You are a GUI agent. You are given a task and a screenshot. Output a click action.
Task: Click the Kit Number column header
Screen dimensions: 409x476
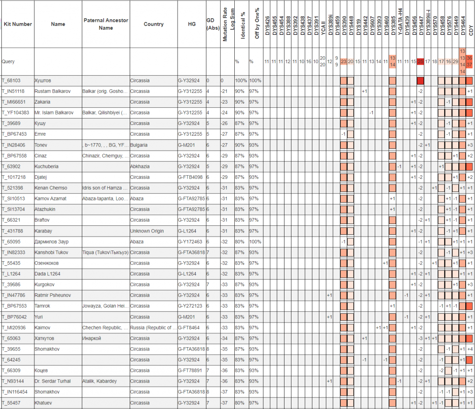point(18,24)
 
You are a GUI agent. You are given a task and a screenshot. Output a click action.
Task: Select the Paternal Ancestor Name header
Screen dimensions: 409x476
point(106,24)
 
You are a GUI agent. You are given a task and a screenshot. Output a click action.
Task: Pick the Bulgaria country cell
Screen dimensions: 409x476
point(139,145)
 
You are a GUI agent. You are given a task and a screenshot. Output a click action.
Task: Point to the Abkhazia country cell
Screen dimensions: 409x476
point(140,166)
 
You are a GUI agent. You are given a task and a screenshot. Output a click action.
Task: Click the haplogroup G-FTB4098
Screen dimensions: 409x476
point(192,177)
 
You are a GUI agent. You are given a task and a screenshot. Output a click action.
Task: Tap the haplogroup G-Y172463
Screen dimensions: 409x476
point(192,242)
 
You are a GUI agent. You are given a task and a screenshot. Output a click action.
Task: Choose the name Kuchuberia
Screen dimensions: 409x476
point(46,166)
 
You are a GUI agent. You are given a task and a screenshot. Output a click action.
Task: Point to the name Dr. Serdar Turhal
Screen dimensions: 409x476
point(53,381)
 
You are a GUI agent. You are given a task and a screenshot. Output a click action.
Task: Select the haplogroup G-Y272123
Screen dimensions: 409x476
point(192,306)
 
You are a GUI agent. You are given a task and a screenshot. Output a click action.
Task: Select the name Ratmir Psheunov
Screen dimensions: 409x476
point(53,295)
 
